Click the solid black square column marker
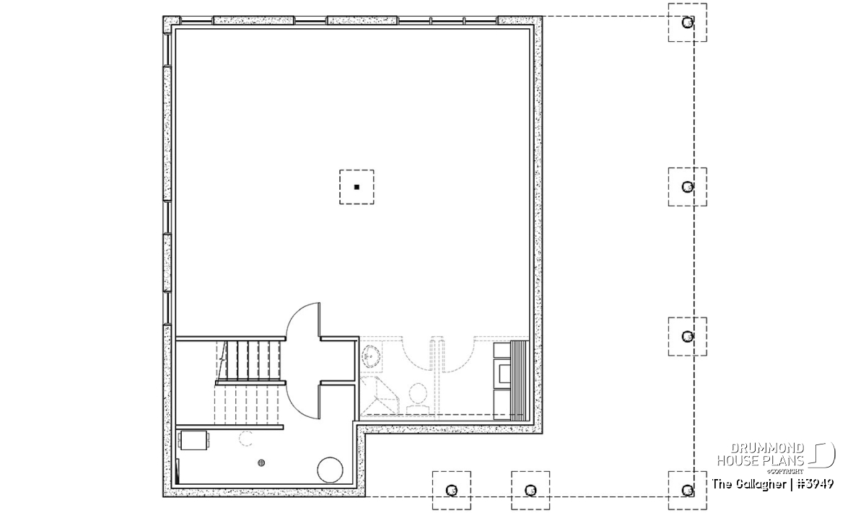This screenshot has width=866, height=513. pos(357,187)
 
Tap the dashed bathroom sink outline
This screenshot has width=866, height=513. pos(371,356)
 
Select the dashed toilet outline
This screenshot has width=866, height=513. pos(417,398)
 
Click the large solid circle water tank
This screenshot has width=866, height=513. pos(330,470)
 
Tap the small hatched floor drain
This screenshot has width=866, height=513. pos(261,462)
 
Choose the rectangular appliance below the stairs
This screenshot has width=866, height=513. pos(193,441)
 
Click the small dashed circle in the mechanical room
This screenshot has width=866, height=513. pos(245,439)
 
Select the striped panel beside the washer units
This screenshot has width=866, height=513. pos(519,381)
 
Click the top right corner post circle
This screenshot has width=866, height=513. pos(687,23)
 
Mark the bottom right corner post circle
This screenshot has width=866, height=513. pos(687,491)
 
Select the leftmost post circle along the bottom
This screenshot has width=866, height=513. pos(451,491)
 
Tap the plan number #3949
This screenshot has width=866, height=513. pos(815,484)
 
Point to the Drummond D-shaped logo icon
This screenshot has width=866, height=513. pos(821,455)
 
